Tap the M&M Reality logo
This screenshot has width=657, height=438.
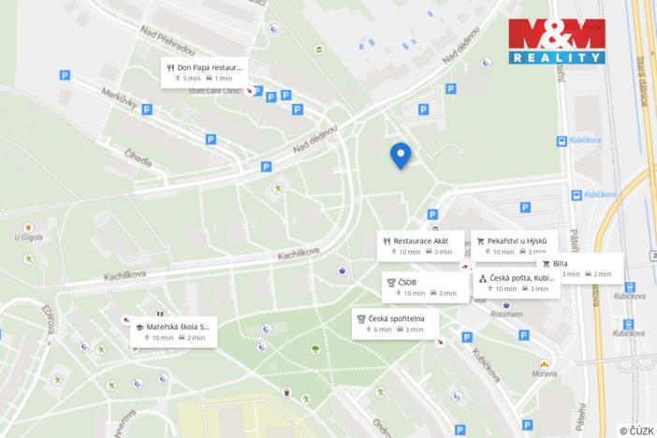556,40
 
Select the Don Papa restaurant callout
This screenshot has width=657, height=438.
204,72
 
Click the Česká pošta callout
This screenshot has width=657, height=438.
517,284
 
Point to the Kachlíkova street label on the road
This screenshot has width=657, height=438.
299,254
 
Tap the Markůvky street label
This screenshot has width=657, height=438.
120,103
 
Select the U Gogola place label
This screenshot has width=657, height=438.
29,237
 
